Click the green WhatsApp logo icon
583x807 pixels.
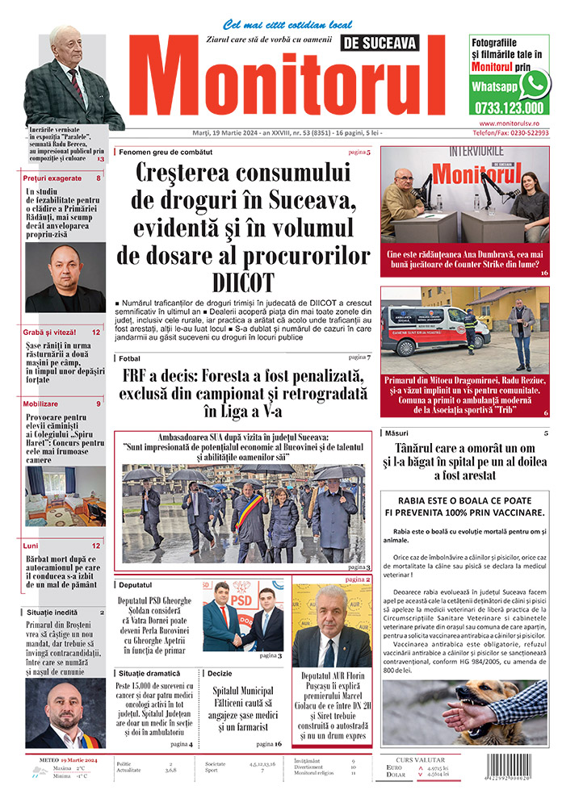534,84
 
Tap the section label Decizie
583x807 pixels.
219,672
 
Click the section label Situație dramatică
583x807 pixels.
157,672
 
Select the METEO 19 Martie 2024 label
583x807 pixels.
69,760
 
